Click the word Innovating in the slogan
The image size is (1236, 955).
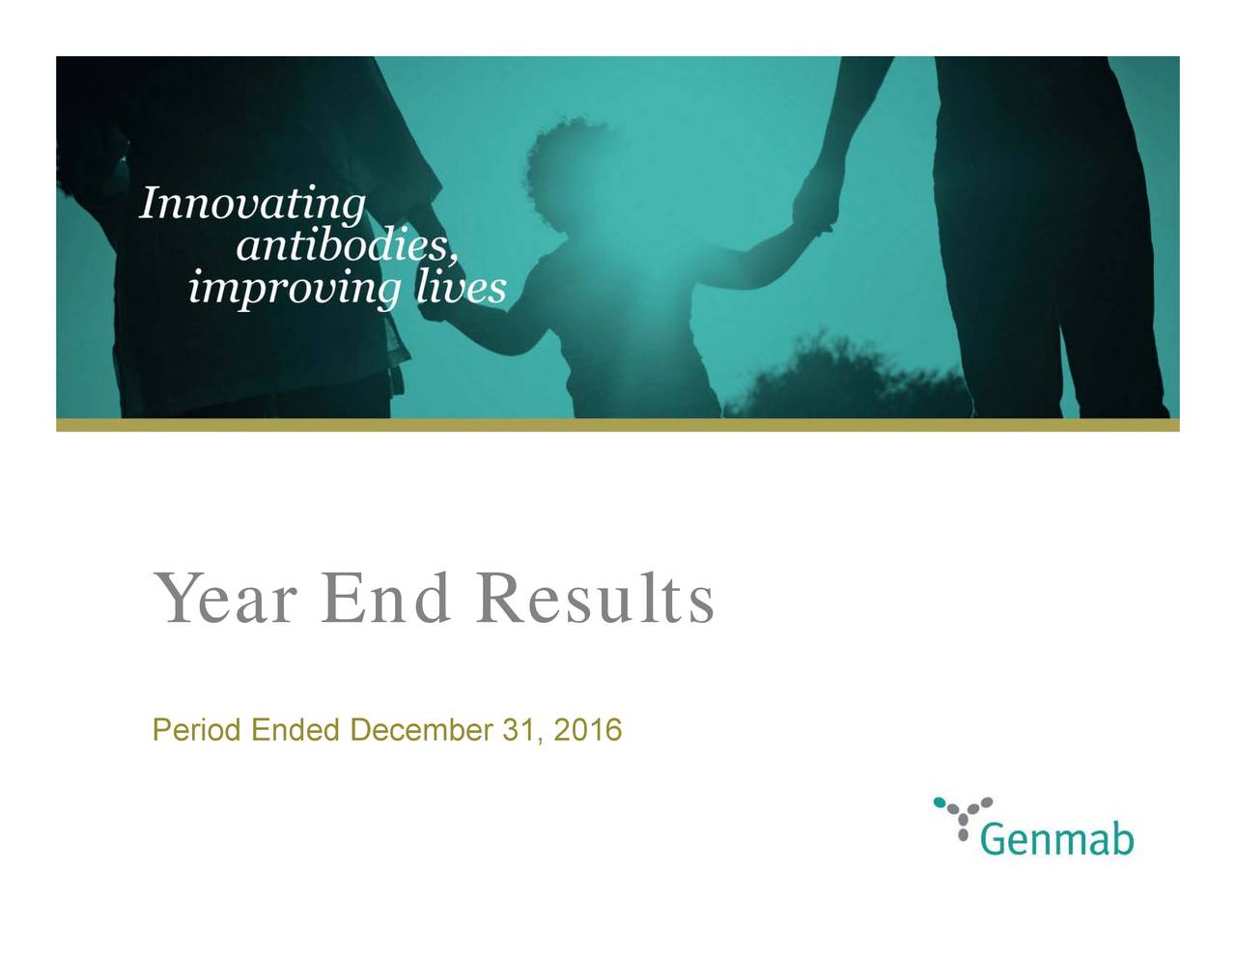point(253,206)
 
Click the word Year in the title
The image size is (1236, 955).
point(223,600)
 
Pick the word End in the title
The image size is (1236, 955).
point(386,600)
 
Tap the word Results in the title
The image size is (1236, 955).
point(595,600)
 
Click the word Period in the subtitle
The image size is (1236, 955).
point(197,730)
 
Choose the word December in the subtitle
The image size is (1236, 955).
point(421,730)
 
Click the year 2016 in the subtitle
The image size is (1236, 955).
point(588,730)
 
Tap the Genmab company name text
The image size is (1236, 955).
point(1056,840)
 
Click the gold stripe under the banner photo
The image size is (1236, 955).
point(618,425)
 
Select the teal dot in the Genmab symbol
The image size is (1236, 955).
point(939,801)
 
